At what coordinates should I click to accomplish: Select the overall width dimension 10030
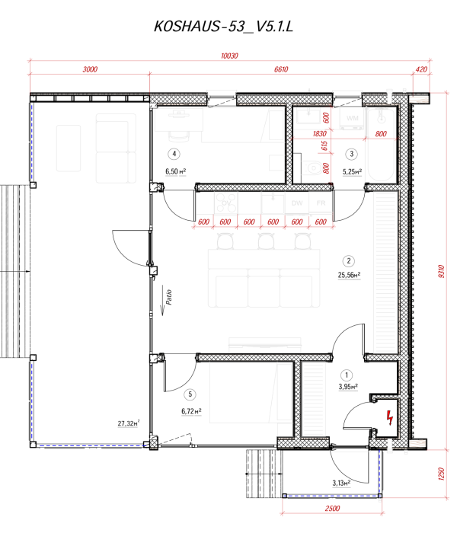coord(229,56)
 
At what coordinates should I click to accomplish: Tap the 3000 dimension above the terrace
coord(90,69)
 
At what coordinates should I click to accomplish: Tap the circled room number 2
coord(347,259)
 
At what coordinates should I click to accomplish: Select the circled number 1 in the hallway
coord(347,375)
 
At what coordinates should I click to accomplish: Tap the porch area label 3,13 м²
coord(341,483)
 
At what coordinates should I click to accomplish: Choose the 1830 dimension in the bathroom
coord(308,134)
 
